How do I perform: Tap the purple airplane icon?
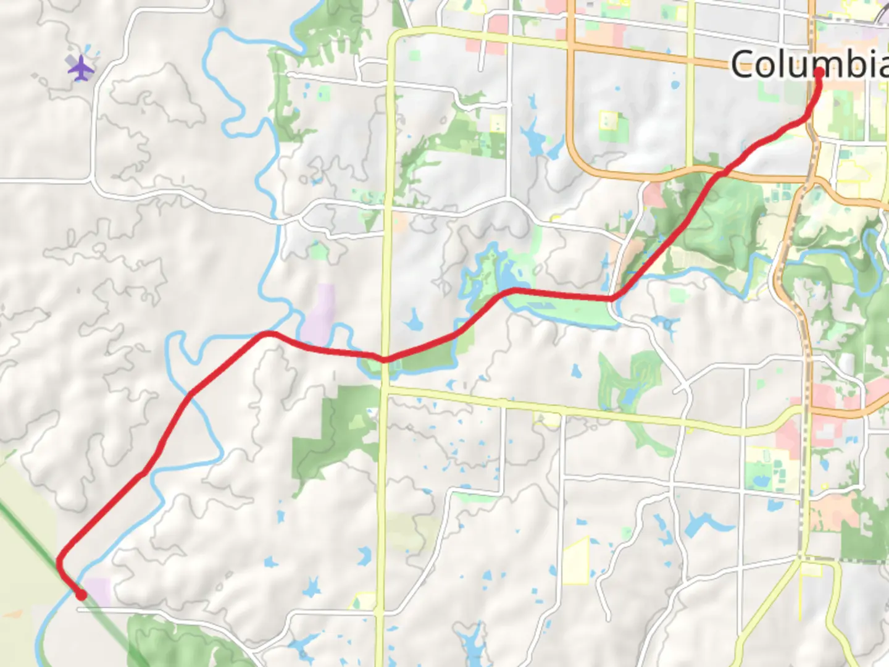coord(81,67)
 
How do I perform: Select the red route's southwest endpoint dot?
coord(81,595)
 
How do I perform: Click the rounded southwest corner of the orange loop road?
coord(577,157)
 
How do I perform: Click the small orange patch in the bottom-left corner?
coord(14,614)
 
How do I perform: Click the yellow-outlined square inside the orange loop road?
coord(608,120)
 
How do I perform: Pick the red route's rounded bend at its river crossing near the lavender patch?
coord(268,334)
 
